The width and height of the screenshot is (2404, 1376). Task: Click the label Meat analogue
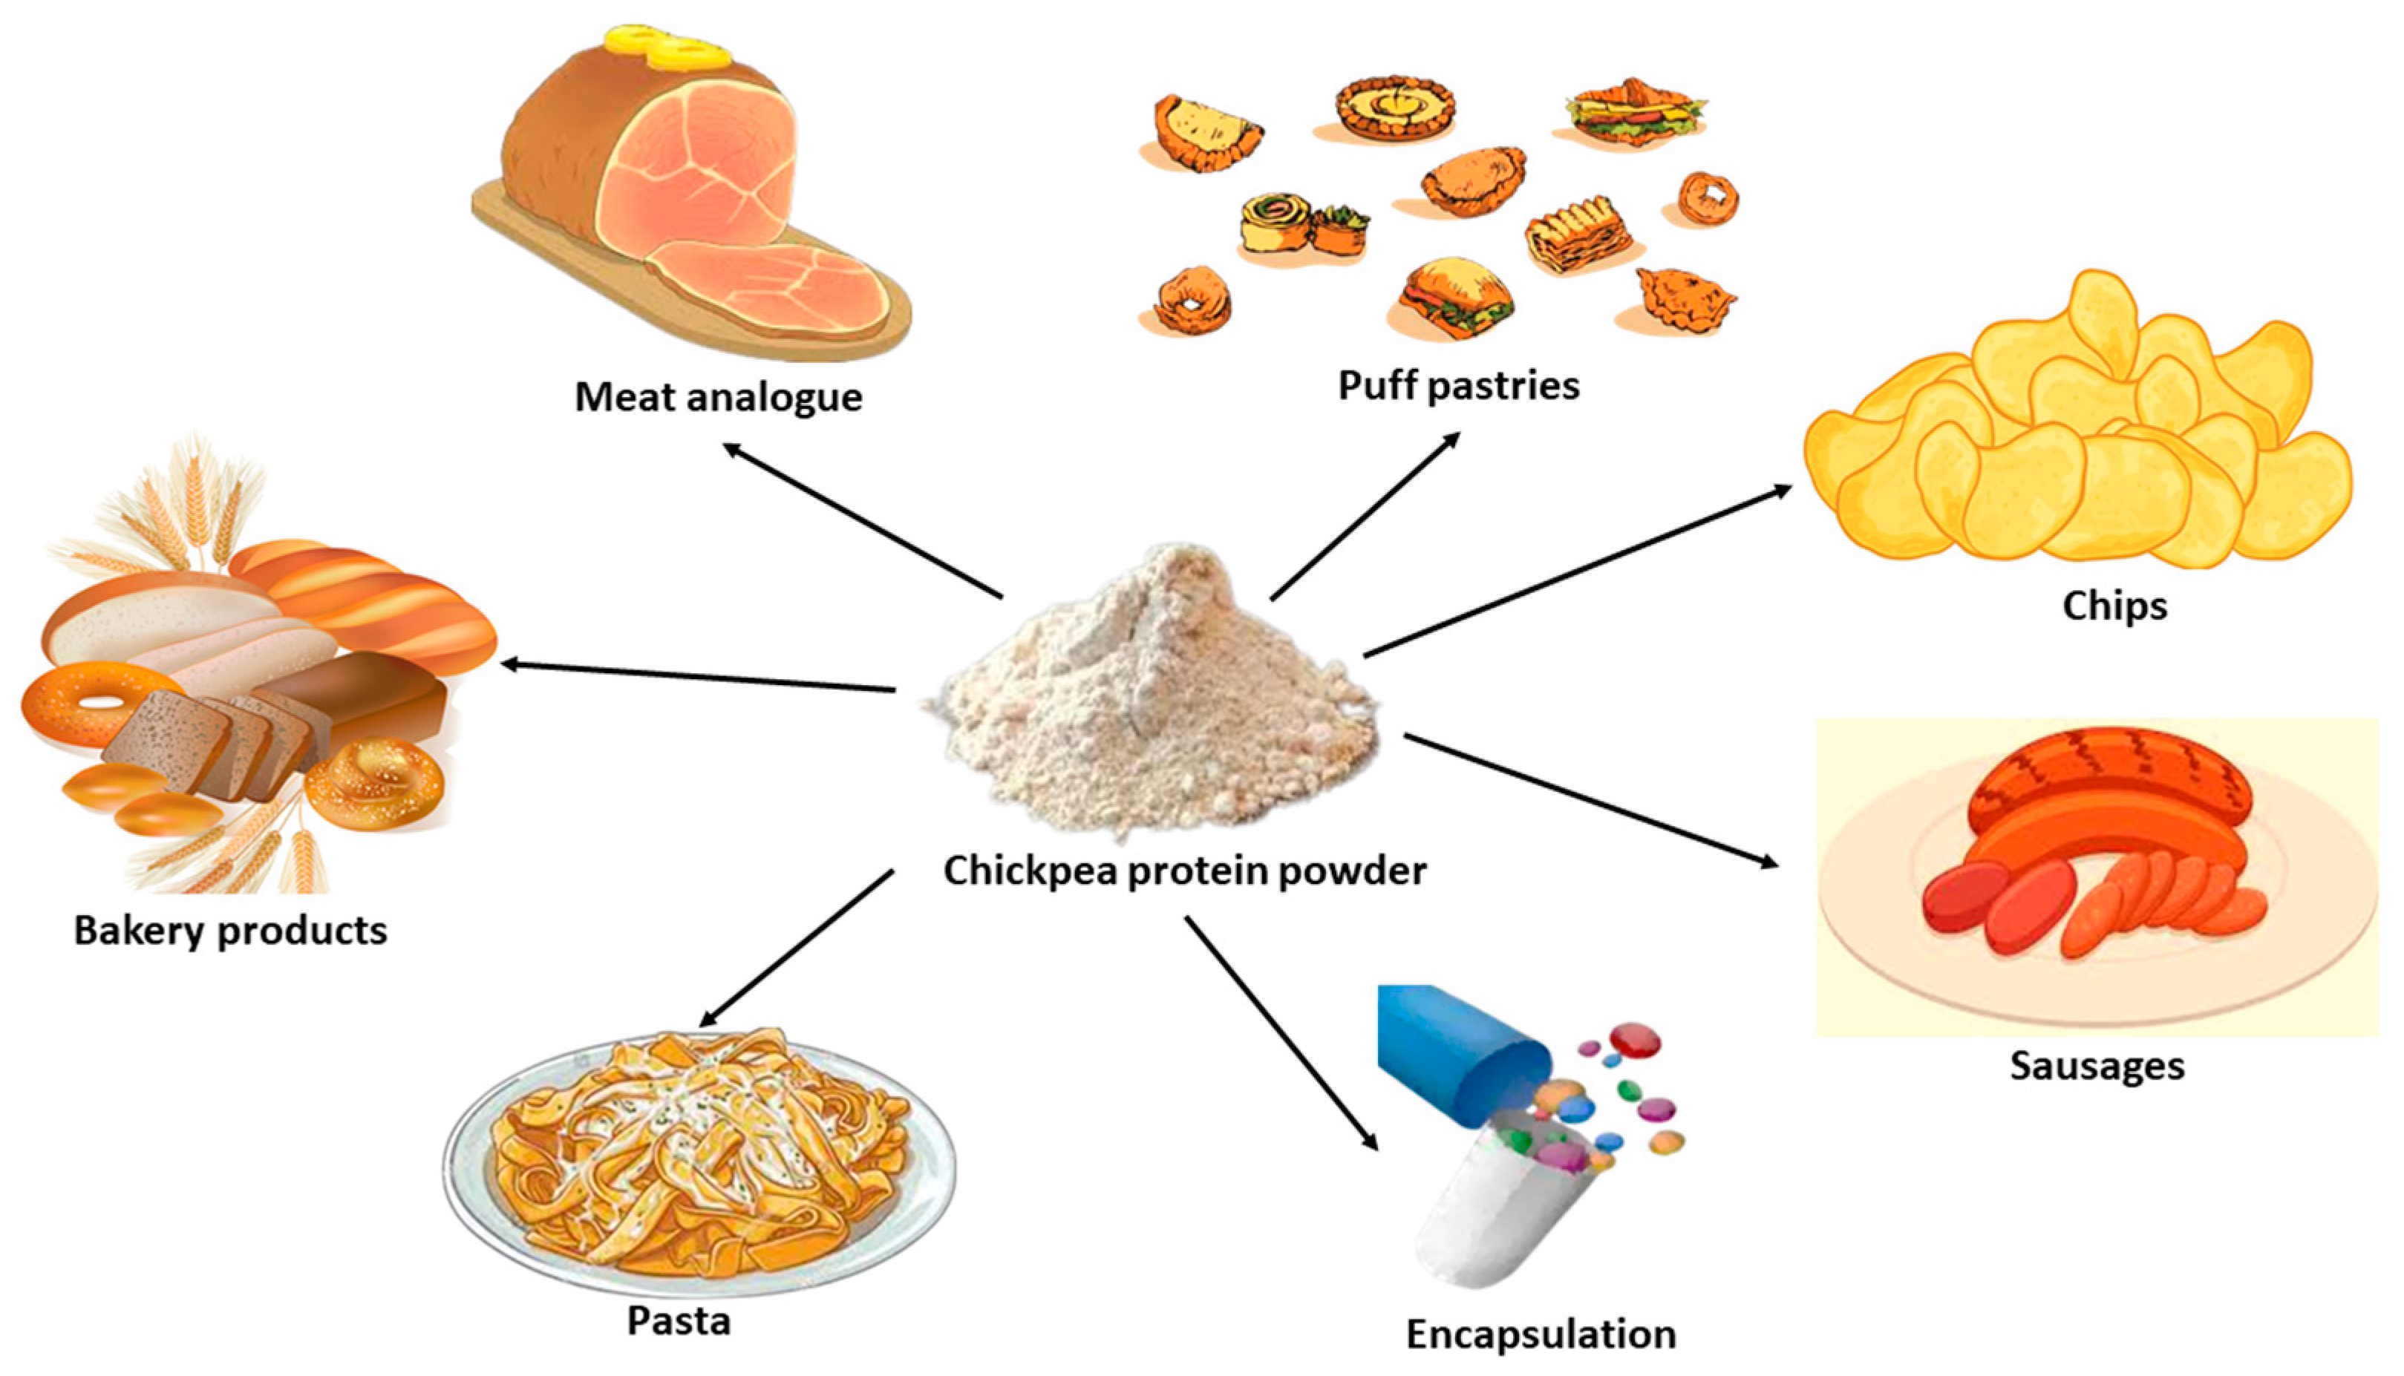[x=719, y=397]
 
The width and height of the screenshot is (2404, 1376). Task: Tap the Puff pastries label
[x=1457, y=386]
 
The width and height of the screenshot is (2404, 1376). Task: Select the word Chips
[x=2114, y=606]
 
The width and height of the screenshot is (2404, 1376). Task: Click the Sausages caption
[x=2097, y=1066]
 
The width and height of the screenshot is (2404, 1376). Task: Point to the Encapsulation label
[x=1541, y=1334]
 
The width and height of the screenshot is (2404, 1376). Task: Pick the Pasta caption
[x=679, y=1321]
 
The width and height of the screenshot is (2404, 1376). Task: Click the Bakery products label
[x=231, y=931]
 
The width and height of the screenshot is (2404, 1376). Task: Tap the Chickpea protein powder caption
[x=1184, y=871]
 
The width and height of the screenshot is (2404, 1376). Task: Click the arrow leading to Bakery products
[x=699, y=678]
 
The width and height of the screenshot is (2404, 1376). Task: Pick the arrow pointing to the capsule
[x=1281, y=1033]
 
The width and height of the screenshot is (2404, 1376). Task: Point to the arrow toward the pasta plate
[x=796, y=949]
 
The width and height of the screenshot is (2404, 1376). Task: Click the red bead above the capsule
[x=1636, y=1040]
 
